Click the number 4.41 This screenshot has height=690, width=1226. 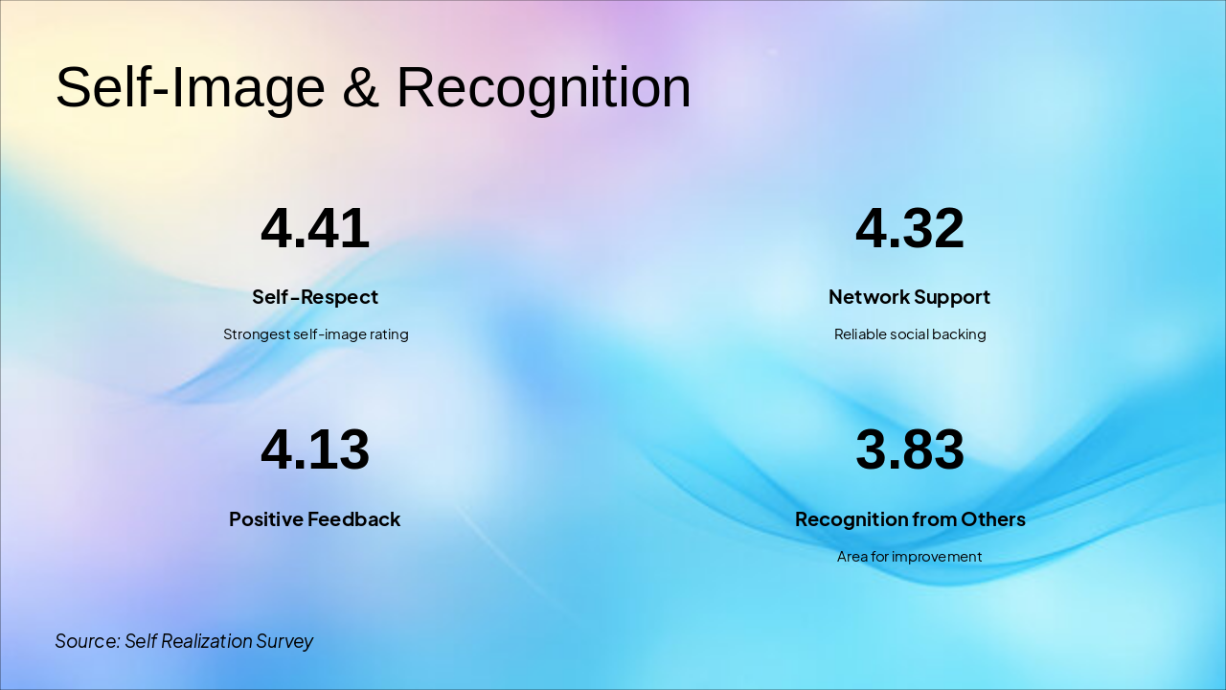click(315, 229)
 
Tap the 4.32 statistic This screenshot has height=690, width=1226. click(910, 229)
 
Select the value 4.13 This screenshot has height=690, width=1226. click(315, 450)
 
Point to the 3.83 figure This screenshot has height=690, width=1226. click(910, 450)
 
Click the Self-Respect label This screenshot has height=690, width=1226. click(315, 297)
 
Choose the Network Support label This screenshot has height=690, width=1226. click(909, 297)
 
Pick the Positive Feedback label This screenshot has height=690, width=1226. click(314, 519)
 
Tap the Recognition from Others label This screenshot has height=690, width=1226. click(910, 519)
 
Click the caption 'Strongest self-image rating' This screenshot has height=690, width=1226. click(316, 334)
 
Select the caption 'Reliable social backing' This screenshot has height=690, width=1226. click(910, 334)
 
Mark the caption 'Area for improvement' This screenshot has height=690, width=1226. click(909, 557)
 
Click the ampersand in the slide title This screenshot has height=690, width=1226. click(360, 88)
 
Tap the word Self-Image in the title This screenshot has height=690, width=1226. click(191, 88)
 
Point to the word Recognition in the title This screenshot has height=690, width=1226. click(543, 88)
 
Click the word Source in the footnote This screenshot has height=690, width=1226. click(87, 641)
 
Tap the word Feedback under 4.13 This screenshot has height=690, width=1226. click(357, 519)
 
